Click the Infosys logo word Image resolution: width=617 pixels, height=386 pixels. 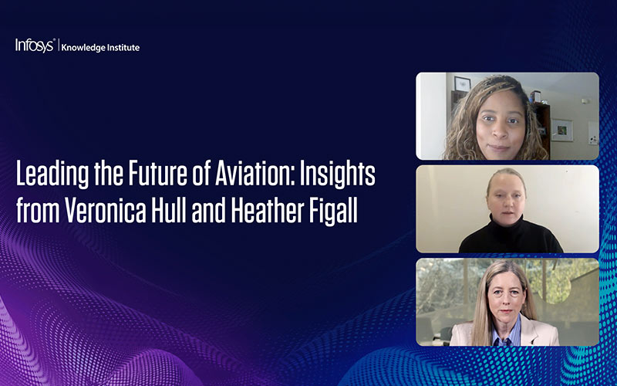(34, 46)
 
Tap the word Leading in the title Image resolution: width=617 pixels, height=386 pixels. (49, 176)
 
